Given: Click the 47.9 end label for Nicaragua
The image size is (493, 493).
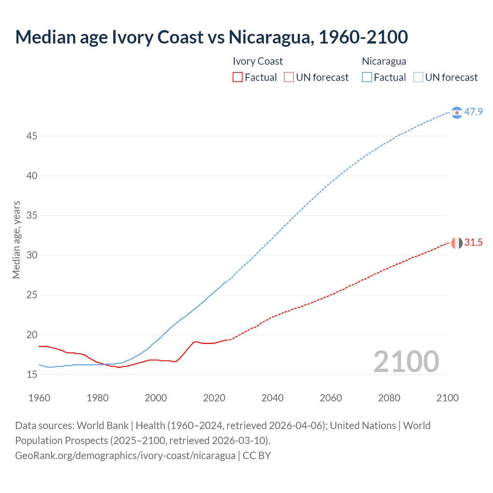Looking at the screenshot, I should [x=473, y=112].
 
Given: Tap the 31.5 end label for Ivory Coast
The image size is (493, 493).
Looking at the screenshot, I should [x=473, y=243].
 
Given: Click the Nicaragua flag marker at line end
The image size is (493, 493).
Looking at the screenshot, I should [x=457, y=112].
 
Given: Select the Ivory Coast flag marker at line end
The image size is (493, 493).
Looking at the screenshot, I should [x=457, y=243].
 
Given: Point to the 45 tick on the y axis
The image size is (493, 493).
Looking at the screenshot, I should [x=32, y=136].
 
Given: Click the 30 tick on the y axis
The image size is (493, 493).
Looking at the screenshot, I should [x=32, y=255].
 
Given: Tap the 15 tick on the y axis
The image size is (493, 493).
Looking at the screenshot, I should [x=32, y=374].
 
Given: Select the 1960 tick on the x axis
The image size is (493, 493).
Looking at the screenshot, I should [x=39, y=398].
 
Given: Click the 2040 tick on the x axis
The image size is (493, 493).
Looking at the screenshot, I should [x=272, y=398].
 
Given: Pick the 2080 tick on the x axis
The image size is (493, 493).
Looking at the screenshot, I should [x=389, y=398].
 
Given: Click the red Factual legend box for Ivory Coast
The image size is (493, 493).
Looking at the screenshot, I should [x=238, y=77].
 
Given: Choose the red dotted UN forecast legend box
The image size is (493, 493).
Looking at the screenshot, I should [x=289, y=77].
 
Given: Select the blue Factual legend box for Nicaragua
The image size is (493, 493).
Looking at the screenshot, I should [x=367, y=77].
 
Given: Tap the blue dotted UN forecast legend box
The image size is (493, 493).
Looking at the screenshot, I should [x=418, y=77].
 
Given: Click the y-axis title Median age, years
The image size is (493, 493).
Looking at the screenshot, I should [x=16, y=240].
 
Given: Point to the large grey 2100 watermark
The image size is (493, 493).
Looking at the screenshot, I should [x=406, y=362].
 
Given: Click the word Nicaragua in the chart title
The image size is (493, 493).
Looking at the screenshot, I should [x=269, y=37].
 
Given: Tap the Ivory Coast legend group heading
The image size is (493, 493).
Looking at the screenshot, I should [x=258, y=61].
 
